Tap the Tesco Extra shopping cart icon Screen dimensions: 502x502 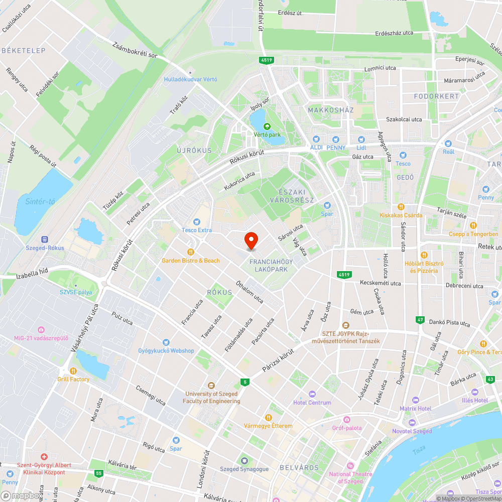[x=197, y=221]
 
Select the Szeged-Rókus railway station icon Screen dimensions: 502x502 [x=44, y=239]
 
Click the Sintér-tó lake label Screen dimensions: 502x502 [x=40, y=201]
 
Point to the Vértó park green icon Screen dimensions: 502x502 [x=267, y=126]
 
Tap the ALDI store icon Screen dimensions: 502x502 [x=316, y=139]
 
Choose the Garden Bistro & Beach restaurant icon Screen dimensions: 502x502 [x=190, y=252]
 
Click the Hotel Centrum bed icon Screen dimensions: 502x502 [x=312, y=394]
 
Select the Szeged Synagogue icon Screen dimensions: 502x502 [x=244, y=460]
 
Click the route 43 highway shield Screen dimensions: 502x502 [x=490, y=379]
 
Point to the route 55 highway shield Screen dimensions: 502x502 [x=98, y=473]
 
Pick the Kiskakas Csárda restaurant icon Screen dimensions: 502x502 [x=401, y=206]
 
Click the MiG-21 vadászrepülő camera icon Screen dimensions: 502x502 [x=41, y=329]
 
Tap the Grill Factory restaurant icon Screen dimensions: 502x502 [x=73, y=370]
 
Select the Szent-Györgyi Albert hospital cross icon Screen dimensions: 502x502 [x=44, y=457]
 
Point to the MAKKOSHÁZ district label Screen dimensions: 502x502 [x=331, y=110]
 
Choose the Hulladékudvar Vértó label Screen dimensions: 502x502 [x=191, y=79]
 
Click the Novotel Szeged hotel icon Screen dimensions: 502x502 [x=412, y=423]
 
